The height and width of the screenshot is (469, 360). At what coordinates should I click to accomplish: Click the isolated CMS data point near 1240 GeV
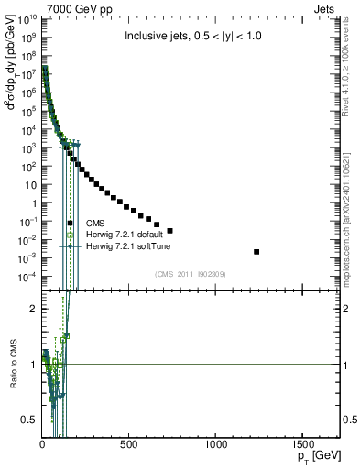tap(256, 251)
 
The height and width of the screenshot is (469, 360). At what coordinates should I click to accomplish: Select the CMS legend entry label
tap(94, 223)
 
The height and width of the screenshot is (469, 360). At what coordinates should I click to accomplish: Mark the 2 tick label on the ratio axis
tap(33, 309)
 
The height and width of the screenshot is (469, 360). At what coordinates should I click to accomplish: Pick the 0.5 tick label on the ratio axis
tap(28, 420)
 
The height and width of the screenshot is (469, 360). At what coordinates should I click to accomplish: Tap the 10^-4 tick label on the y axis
tap(27, 277)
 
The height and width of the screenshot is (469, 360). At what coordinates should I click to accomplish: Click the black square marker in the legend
tap(71, 223)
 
